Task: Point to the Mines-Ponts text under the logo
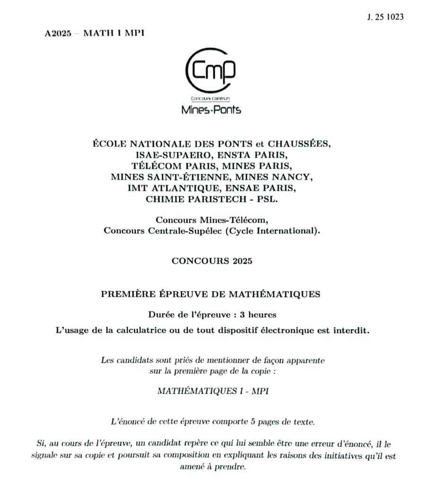point(211,110)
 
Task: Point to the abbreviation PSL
point(268,199)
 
